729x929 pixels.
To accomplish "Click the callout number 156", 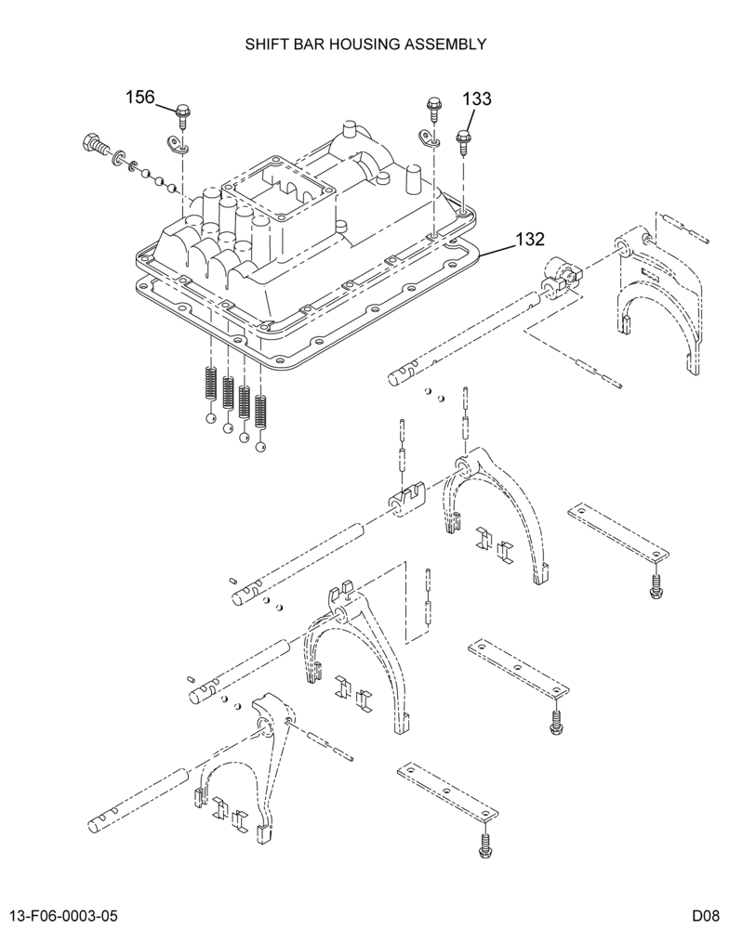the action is click(139, 97).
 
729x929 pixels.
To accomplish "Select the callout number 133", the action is click(477, 98).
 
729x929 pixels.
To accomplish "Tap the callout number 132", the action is click(530, 239).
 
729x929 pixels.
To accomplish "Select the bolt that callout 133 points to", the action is click(463, 142).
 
